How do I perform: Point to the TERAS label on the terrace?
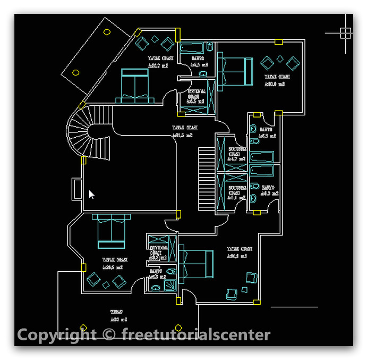point(117,312)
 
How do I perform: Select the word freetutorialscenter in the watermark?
point(196,335)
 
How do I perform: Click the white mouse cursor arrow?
point(91,195)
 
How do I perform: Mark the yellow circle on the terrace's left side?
point(83,328)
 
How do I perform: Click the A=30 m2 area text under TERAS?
point(118,320)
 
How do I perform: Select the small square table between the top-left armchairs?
point(155,39)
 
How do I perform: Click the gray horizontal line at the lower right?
point(294,307)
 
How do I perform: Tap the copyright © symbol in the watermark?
point(108,335)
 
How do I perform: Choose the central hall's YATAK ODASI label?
point(185,128)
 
